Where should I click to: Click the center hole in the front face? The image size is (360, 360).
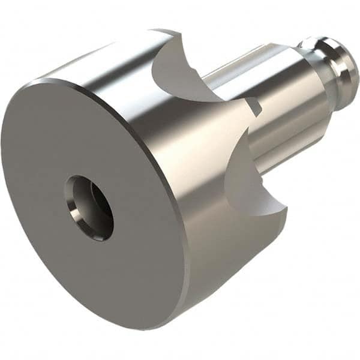coord(89,208)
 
